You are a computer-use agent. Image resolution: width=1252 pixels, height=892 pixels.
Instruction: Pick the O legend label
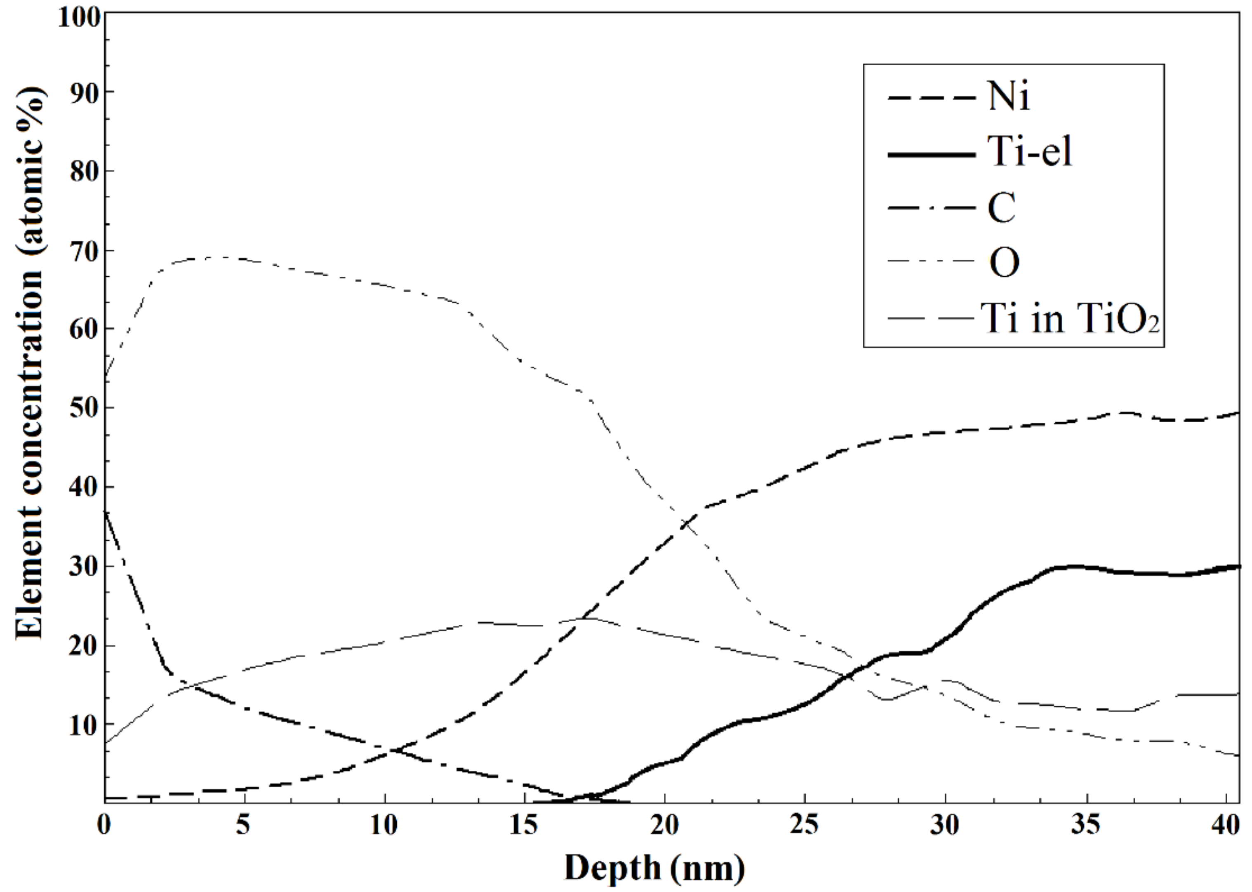(1004, 263)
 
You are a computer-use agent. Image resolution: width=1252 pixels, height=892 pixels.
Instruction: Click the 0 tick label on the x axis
(104, 826)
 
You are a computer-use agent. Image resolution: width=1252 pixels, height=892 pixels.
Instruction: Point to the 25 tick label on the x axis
(805, 826)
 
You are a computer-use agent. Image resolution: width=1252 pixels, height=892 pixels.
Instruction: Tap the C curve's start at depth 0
(106, 512)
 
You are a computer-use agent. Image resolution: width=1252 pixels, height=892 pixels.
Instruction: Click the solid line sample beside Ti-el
(930, 154)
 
